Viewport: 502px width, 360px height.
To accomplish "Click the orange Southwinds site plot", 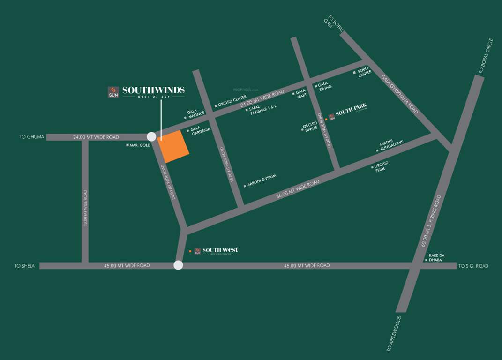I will pyautogui.click(x=173, y=147).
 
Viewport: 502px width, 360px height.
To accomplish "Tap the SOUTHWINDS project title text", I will pyautogui.click(x=153, y=90).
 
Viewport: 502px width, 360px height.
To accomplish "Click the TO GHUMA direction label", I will pyautogui.click(x=32, y=137).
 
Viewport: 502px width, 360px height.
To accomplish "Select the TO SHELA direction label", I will pyautogui.click(x=24, y=266).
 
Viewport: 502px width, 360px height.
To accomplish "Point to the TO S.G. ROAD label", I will pyautogui.click(x=473, y=266).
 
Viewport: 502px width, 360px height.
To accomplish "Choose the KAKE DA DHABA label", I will pyautogui.click(x=436, y=257).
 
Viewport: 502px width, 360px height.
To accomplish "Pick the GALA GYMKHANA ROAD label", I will pyautogui.click(x=399, y=94).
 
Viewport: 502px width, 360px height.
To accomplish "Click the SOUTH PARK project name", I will pyautogui.click(x=351, y=113).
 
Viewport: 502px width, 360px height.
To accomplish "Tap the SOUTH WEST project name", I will pyautogui.click(x=220, y=250).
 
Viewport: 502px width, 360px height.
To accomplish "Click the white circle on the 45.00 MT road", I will pyautogui.click(x=178, y=265).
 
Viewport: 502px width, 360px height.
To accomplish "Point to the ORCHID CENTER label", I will pyautogui.click(x=232, y=101).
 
